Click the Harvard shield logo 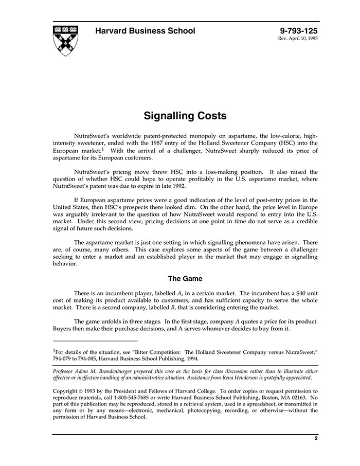tap(65, 40)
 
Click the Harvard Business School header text tap(145, 31)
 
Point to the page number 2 tap(316, 438)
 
